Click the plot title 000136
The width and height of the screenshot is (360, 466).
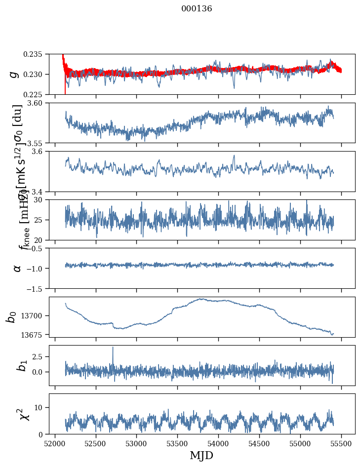click(x=197, y=9)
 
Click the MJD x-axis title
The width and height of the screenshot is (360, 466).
click(x=201, y=455)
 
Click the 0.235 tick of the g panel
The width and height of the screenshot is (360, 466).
click(x=37, y=54)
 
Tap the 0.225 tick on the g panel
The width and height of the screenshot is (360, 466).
click(x=37, y=94)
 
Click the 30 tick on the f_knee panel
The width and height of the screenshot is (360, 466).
click(x=41, y=200)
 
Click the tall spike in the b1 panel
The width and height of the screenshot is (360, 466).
click(x=113, y=348)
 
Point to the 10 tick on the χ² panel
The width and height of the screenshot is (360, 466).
click(x=41, y=407)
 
